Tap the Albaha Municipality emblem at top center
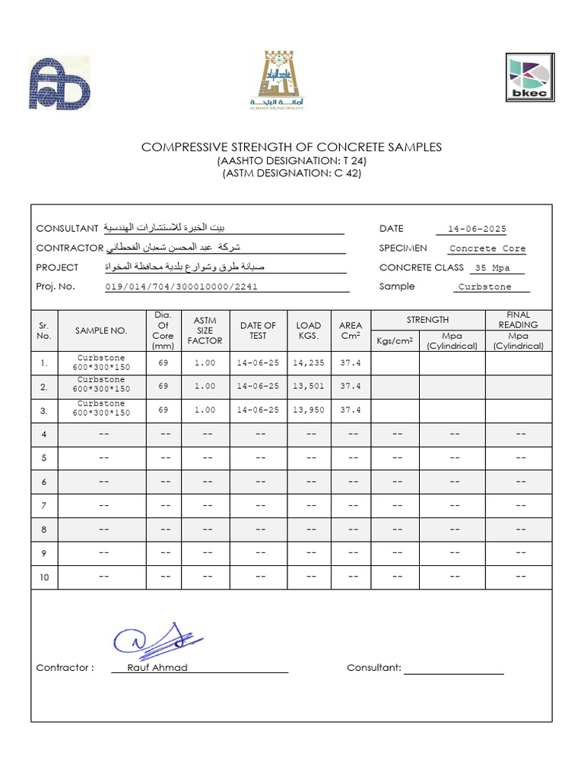(x=276, y=79)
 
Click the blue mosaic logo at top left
(x=60, y=84)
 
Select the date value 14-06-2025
(x=477, y=229)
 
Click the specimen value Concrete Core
(x=487, y=248)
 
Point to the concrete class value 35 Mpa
(x=491, y=268)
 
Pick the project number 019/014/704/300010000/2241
(x=182, y=286)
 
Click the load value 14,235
(x=308, y=364)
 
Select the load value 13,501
(x=308, y=387)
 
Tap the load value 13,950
(x=308, y=410)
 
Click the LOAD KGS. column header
(x=308, y=330)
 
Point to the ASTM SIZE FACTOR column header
(x=205, y=330)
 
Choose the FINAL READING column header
(x=518, y=320)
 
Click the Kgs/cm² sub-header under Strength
(x=394, y=341)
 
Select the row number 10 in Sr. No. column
(x=44, y=577)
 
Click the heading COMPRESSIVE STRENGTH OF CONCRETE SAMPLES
(x=291, y=147)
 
